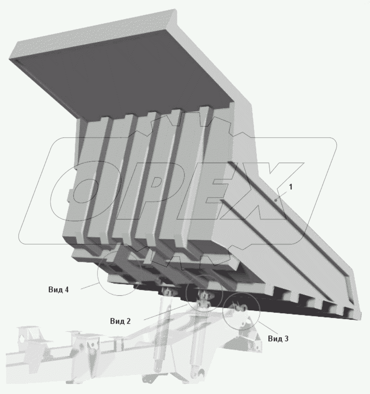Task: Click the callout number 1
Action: point(290,187)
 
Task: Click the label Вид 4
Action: point(58,290)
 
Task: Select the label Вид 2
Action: point(120,321)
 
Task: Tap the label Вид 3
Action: point(278,338)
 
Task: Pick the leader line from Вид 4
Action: point(89,286)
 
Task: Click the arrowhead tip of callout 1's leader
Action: point(275,201)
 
